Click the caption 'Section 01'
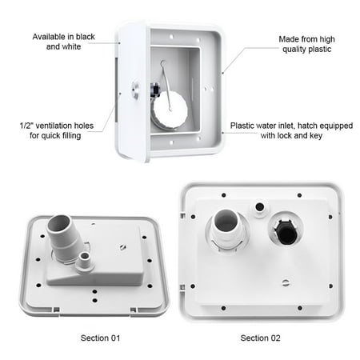point(100,338)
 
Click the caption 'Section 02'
point(260,338)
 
